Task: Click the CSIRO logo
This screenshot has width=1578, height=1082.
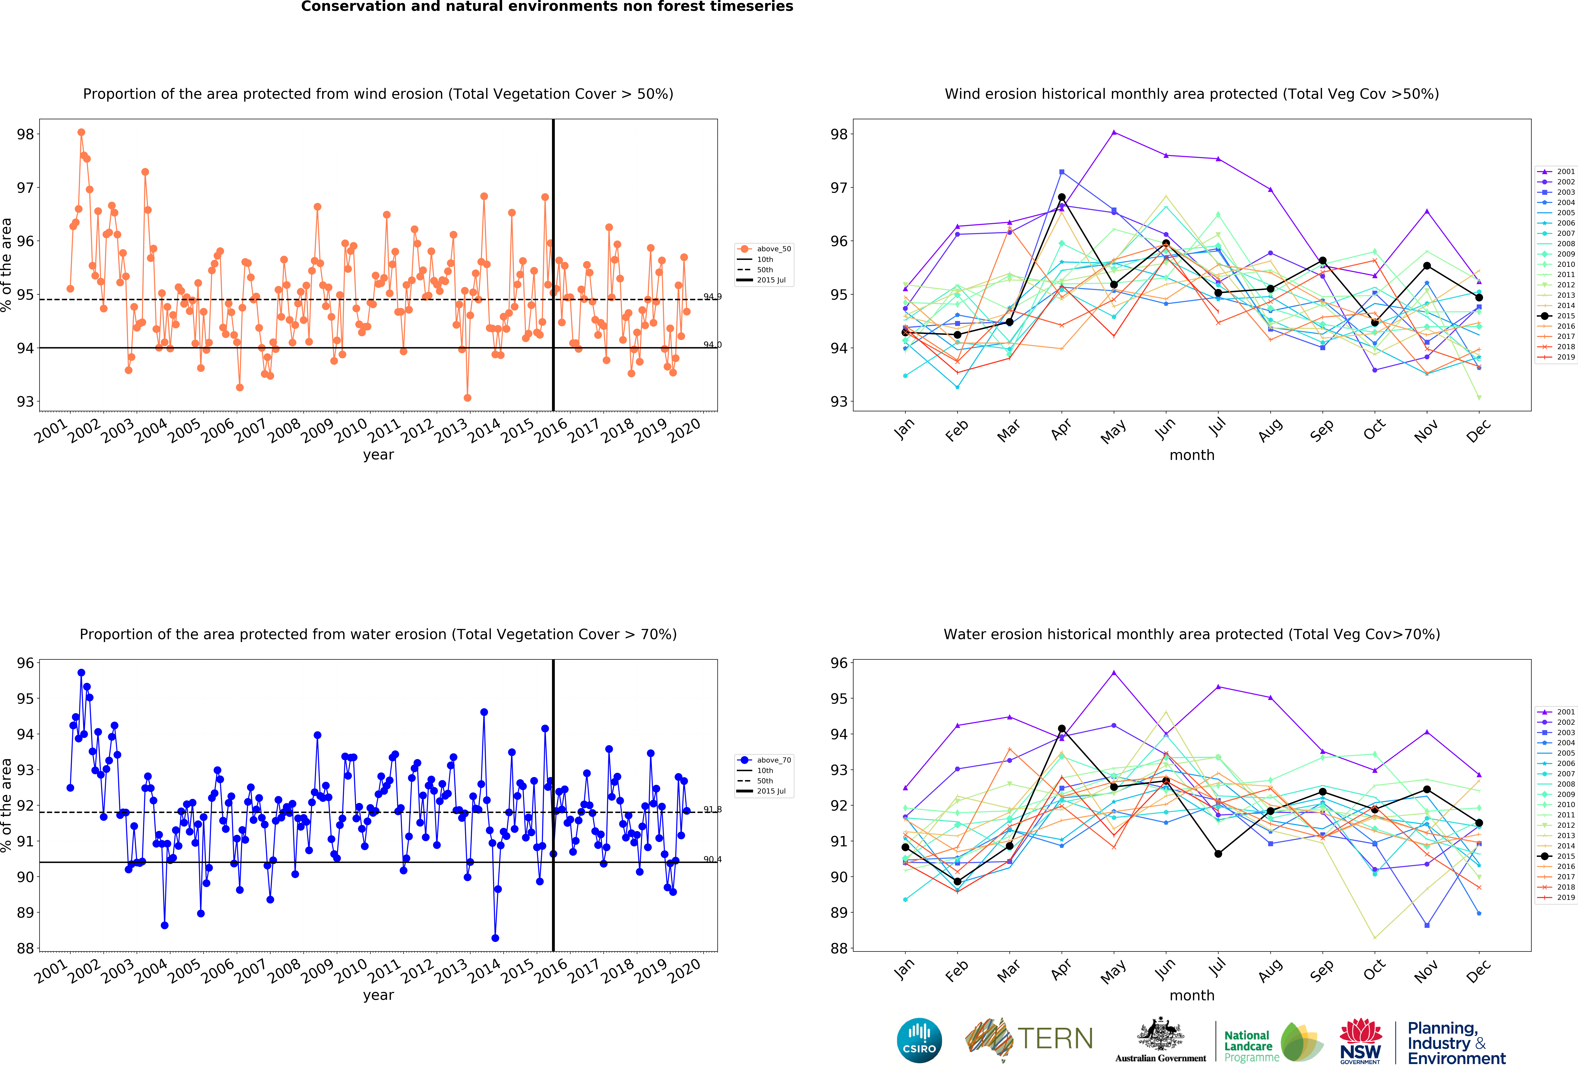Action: pos(919,1040)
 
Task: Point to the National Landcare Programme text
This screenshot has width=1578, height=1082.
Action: pos(1251,1046)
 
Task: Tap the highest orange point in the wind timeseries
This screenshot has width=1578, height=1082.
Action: pos(81,132)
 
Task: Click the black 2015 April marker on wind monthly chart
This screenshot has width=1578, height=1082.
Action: pos(1062,197)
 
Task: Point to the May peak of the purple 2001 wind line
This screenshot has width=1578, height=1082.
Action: pos(1114,132)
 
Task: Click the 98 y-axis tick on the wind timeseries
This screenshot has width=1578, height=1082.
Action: pos(25,134)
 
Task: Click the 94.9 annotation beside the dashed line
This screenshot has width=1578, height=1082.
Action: pos(712,297)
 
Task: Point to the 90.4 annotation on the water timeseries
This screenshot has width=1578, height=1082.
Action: pos(712,859)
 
